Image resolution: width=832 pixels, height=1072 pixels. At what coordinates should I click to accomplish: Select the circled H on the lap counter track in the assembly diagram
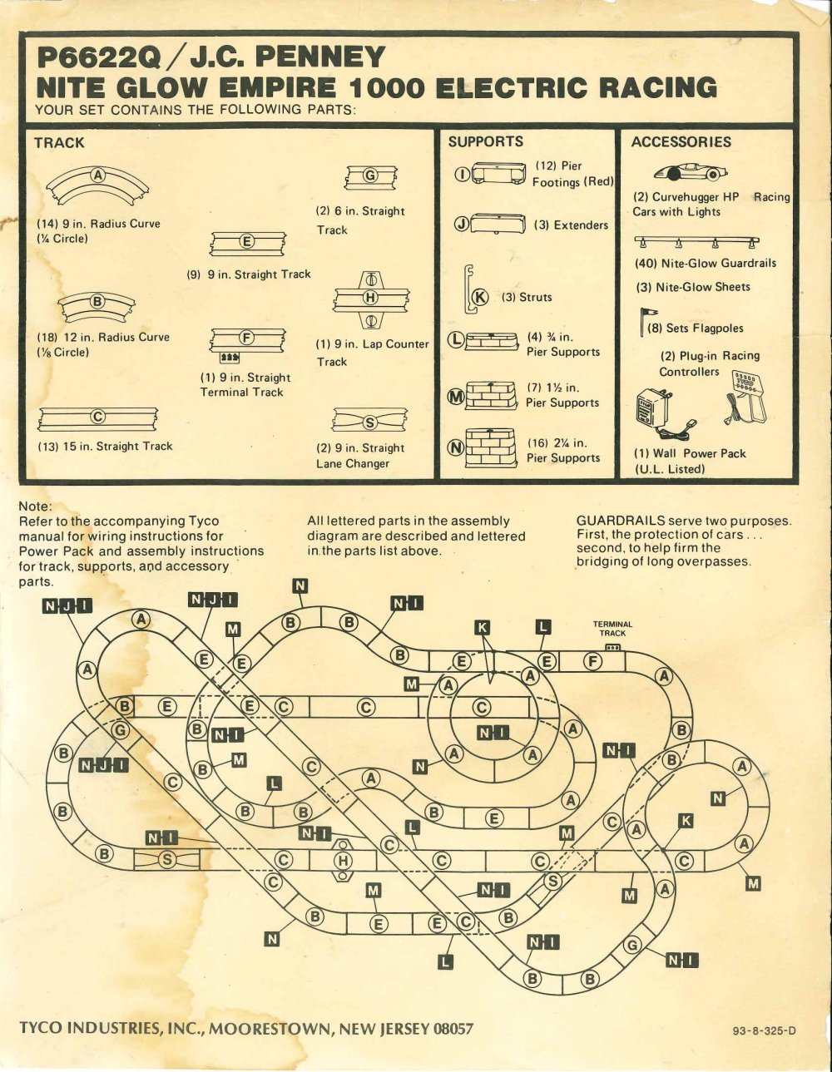pos(342,861)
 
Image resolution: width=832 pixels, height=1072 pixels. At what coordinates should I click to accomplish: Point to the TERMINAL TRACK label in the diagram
pos(612,628)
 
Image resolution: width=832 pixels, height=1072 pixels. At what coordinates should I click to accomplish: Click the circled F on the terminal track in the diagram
pos(593,662)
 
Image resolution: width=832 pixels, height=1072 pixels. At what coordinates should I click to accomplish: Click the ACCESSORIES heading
pos(681,141)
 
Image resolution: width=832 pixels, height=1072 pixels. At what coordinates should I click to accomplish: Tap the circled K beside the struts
pos(479,297)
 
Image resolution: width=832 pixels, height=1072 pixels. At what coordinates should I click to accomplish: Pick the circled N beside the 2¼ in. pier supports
pos(456,447)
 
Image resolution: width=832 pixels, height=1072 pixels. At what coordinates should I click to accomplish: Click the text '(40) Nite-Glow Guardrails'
pos(705,263)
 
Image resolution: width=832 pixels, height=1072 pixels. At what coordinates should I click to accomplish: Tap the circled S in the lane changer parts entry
pos(370,422)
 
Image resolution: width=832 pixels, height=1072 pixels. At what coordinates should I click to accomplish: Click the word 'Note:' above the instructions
pos(35,506)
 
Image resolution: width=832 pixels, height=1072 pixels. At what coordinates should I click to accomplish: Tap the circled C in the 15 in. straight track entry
pos(97,417)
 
